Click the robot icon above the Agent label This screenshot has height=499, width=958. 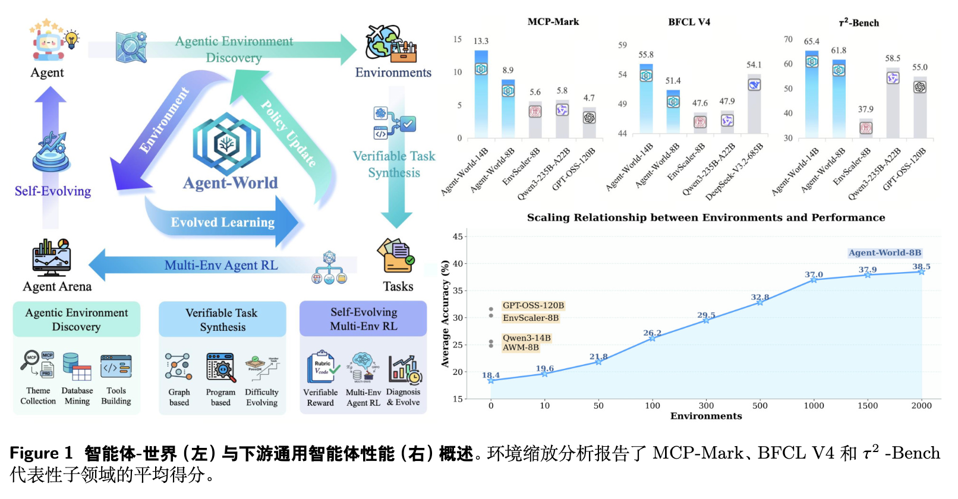pos(49,43)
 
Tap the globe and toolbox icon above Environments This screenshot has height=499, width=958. pos(390,44)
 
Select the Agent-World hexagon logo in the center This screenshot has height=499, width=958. pos(226,144)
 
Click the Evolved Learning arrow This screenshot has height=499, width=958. pos(223,222)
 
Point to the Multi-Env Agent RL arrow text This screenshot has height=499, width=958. pos(221,266)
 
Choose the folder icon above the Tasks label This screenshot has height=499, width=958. pos(395,255)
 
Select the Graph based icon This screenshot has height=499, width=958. pos(178,367)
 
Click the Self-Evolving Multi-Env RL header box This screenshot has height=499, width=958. pos(363,319)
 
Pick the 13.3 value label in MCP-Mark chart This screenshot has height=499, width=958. pos(481,41)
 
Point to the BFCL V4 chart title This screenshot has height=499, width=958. pos(689,22)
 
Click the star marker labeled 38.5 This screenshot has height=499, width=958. pos(921,271)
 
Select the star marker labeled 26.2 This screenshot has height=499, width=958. pos(652,338)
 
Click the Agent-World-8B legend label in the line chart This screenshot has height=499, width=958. pos(885,252)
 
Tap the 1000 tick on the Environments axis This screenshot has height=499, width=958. pos(814,406)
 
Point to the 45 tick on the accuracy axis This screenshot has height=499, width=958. pos(458,236)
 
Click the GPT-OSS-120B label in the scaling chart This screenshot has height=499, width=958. pos(533,305)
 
